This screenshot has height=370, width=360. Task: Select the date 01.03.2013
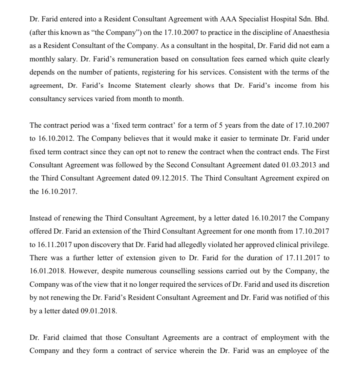(299, 165)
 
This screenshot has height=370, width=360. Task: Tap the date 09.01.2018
(98, 311)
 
